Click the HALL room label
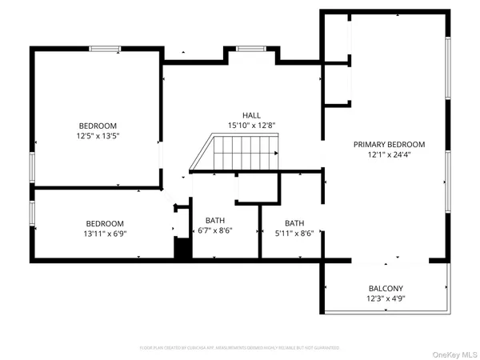coord(252,115)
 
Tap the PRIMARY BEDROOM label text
coord(390,145)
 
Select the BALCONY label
coord(386,289)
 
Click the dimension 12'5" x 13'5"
coord(98,136)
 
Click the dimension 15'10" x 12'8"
coord(252,125)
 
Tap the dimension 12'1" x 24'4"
coord(390,155)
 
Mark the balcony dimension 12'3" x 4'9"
coord(386,299)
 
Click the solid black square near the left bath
coord(183,249)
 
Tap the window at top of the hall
coord(250,49)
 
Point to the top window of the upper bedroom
coord(105,49)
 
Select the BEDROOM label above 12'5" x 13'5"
coord(98,126)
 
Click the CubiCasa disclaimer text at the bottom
coord(239,348)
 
